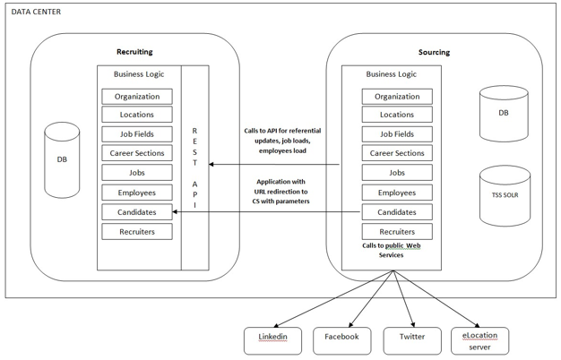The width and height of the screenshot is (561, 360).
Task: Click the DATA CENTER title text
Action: [37, 11]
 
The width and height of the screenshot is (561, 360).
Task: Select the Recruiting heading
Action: [134, 52]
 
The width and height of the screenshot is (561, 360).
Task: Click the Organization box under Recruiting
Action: [137, 97]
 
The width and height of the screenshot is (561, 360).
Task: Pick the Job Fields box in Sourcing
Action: [397, 134]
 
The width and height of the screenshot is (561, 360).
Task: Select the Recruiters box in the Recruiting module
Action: [137, 232]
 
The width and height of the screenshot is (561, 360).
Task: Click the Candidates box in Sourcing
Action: [397, 212]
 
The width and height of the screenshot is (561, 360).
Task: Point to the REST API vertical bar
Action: [195, 167]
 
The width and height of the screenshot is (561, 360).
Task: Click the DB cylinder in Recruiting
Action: [61, 159]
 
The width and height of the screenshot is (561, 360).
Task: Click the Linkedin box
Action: [272, 339]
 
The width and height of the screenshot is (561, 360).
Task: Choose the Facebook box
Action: [341, 339]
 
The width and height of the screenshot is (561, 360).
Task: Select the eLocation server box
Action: [479, 339]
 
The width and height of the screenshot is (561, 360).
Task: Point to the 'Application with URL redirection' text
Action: [280, 192]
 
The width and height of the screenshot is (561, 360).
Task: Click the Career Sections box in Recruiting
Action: [137, 154]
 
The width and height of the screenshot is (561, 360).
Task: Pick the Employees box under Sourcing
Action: [397, 193]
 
